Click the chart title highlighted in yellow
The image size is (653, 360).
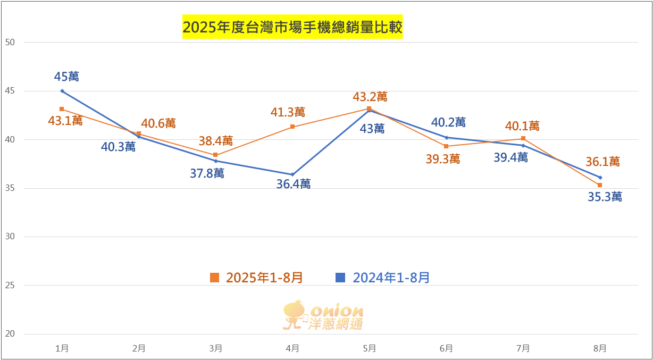[x=292, y=27]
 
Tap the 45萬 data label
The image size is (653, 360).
[x=66, y=77]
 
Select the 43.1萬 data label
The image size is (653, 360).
[x=65, y=121]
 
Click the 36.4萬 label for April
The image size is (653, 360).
[x=294, y=184]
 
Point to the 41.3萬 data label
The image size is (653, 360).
[x=288, y=112]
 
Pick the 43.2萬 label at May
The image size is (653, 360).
[x=370, y=97]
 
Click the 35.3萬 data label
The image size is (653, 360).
[x=605, y=197]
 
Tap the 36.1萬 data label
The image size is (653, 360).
[x=603, y=162]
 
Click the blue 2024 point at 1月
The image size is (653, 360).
[x=62, y=91]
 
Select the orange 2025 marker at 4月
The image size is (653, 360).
[x=292, y=127]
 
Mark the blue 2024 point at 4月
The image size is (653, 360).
[x=292, y=174]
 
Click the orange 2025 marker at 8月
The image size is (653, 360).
[x=600, y=185]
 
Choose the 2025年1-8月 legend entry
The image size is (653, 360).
[x=256, y=278]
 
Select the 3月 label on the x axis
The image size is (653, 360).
[x=215, y=349]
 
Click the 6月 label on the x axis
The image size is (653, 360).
[x=446, y=349]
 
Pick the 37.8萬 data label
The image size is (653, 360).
[x=207, y=173]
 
